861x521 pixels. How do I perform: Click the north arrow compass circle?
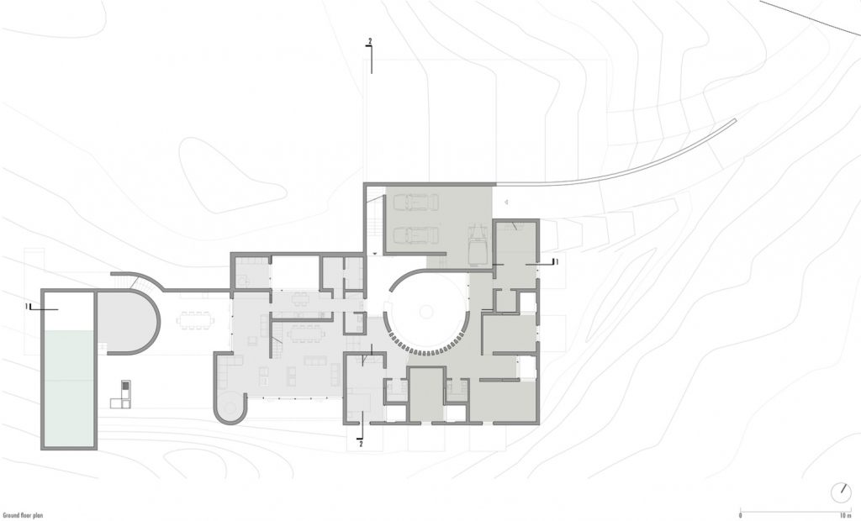click(841, 492)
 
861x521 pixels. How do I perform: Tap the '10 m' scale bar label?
click(844, 515)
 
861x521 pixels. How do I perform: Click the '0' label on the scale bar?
click(740, 515)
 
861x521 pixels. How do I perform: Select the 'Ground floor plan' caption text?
click(23, 515)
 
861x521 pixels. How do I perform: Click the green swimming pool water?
click(70, 387)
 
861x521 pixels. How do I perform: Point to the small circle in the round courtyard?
click(426, 312)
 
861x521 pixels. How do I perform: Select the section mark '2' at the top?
click(370, 41)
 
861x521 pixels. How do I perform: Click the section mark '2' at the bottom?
click(361, 445)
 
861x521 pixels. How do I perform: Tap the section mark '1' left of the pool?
click(26, 307)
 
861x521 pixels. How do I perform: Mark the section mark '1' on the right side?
click(557, 262)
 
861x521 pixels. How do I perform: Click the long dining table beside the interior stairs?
click(306, 334)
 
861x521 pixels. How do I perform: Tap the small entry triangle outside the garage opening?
click(508, 202)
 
